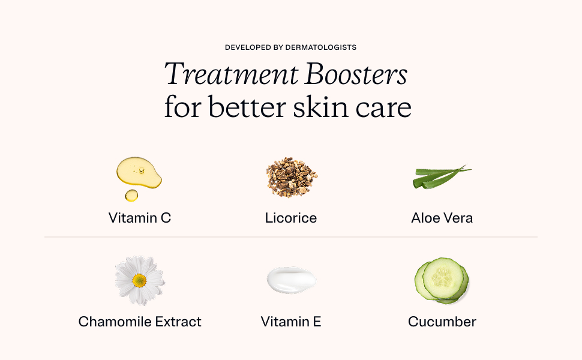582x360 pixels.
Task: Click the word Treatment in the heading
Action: pyautogui.click(x=231, y=74)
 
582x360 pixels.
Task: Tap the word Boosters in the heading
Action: pyautogui.click(x=356, y=74)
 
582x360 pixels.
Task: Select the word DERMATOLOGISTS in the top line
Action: pyautogui.click(x=320, y=47)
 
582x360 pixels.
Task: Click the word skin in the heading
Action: pyautogui.click(x=320, y=107)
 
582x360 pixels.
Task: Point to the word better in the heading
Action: pyautogui.click(x=247, y=107)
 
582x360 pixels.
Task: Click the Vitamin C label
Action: pyautogui.click(x=140, y=218)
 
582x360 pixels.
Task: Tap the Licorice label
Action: pyautogui.click(x=291, y=218)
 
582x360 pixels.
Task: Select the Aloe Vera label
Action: pyautogui.click(x=442, y=218)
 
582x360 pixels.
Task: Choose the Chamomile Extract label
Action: pyautogui.click(x=140, y=322)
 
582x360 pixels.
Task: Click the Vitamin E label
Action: pyautogui.click(x=291, y=322)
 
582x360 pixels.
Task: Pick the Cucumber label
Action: pyautogui.click(x=442, y=322)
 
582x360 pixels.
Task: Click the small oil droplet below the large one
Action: pyautogui.click(x=131, y=195)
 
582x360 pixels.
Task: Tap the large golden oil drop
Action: pyautogui.click(x=139, y=172)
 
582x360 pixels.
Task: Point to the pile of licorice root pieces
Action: pyautogui.click(x=292, y=176)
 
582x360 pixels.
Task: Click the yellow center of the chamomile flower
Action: pyautogui.click(x=139, y=281)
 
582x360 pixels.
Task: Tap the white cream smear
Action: pyautogui.click(x=292, y=280)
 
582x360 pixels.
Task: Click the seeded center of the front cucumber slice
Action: pyautogui.click(x=443, y=278)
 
